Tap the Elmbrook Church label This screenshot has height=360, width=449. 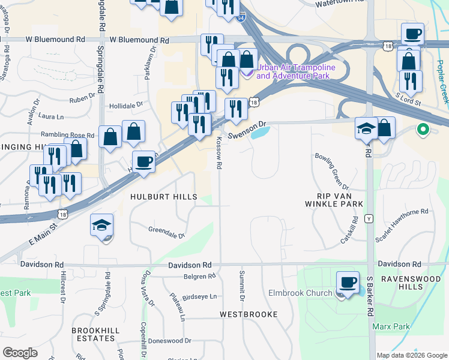pyautogui.click(x=305, y=293)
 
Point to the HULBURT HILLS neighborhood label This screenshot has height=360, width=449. pyautogui.click(x=164, y=197)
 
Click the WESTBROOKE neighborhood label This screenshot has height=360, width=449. pyautogui.click(x=249, y=314)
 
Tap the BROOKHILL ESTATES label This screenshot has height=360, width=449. pyautogui.click(x=93, y=334)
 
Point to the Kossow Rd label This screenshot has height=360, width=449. pyautogui.click(x=219, y=153)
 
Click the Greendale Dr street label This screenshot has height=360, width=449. pyautogui.click(x=166, y=230)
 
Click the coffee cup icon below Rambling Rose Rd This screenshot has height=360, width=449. pyautogui.click(x=144, y=162)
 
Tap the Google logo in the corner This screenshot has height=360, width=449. pyautogui.click(x=20, y=353)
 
